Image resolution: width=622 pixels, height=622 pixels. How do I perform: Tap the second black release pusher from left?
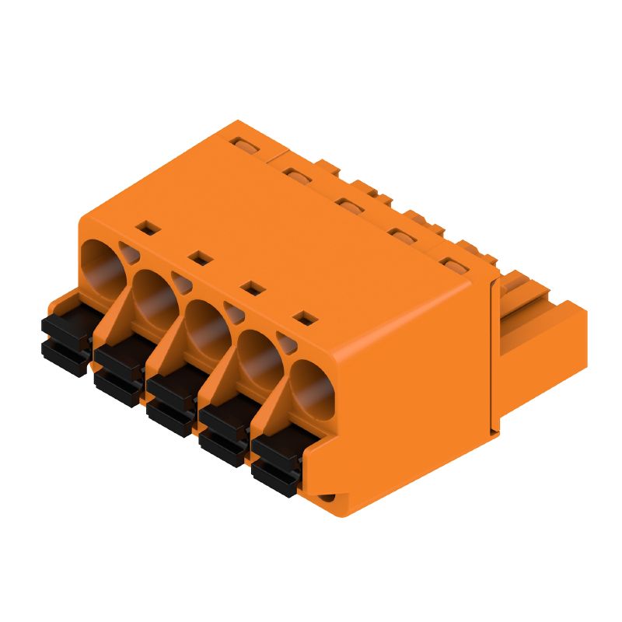coord(121,370)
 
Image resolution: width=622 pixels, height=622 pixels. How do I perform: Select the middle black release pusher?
coord(173,401)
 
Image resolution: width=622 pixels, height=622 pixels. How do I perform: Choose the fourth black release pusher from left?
coord(225,432)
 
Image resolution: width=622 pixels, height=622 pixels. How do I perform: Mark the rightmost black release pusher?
coord(276,463)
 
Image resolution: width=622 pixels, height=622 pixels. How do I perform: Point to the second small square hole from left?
coord(200,257)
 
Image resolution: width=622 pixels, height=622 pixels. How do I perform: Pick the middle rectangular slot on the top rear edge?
coord(348,204)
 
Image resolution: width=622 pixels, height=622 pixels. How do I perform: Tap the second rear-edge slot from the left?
coord(296,173)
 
